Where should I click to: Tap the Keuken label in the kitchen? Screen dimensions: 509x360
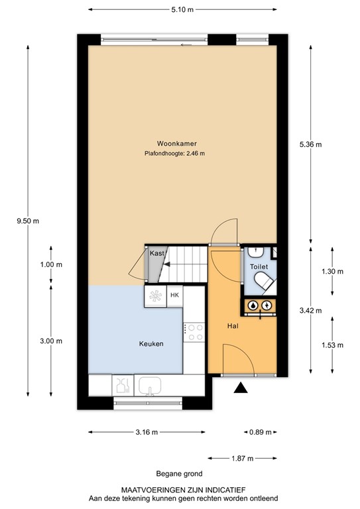(150, 343)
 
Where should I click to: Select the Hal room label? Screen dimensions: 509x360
(232, 326)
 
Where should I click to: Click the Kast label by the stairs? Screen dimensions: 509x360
(156, 253)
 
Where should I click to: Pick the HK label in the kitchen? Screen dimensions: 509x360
(175, 295)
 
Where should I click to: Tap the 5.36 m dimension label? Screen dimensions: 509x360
(310, 144)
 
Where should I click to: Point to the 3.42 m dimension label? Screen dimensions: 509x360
(310, 310)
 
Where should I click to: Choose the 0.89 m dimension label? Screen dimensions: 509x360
(260, 433)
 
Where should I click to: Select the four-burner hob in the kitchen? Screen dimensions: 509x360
(196, 331)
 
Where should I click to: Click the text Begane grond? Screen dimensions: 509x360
(179, 473)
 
